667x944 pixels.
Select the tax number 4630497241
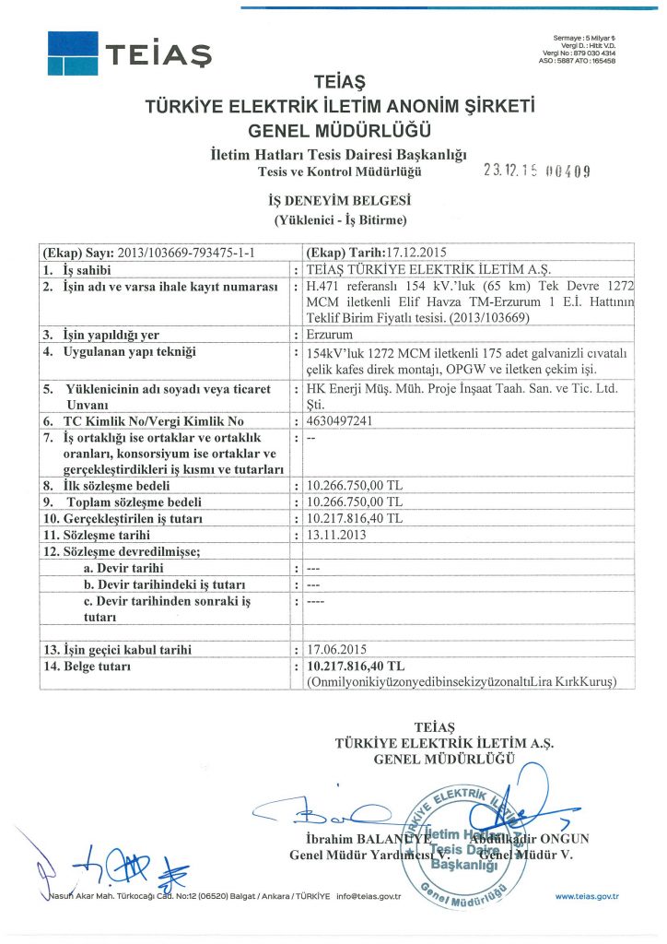point(336,421)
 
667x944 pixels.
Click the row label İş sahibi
point(86,270)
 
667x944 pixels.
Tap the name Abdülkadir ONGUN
point(534,839)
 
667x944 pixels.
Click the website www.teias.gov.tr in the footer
point(587,896)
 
